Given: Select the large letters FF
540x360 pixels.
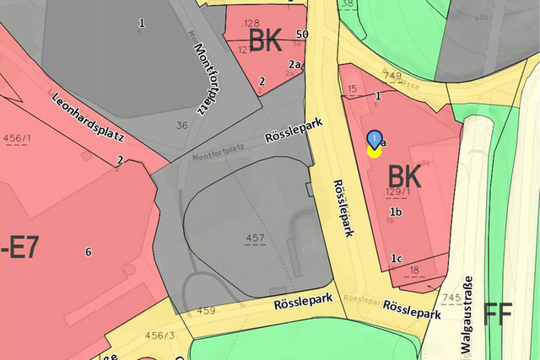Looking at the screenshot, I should [498, 314].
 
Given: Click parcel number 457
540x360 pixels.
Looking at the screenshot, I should [255, 239].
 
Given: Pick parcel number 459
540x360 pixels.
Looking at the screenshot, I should [206, 311].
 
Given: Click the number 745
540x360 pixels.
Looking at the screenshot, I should [451, 298].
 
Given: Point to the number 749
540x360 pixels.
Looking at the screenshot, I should [391, 76].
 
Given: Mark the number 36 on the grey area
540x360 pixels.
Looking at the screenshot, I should [181, 126].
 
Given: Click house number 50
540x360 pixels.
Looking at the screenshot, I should [302, 34].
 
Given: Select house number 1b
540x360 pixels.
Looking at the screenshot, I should [394, 212].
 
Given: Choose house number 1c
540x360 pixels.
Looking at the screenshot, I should [397, 258].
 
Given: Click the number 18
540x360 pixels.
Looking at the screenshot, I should [414, 270].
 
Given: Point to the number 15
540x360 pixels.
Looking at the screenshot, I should [353, 89].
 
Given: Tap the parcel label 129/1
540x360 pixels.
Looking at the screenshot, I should [397, 193].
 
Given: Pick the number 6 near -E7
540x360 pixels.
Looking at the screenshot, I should [88, 251].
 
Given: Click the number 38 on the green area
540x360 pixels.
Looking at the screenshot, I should [348, 3].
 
